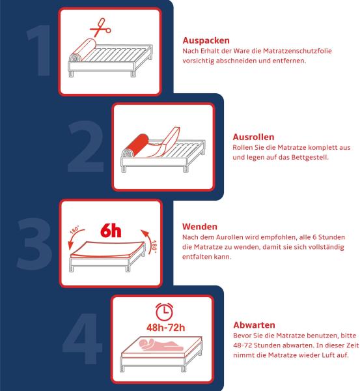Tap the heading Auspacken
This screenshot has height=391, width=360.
click(206, 40)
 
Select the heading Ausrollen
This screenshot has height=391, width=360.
click(253, 137)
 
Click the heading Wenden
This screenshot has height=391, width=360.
click(200, 227)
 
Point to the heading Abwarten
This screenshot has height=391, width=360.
click(254, 325)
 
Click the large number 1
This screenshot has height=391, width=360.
click(40, 50)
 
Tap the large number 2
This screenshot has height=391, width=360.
click(86, 147)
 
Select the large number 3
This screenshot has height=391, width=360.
click(35, 244)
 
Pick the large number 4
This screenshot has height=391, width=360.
click(83, 338)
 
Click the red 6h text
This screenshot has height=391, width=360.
click(111, 231)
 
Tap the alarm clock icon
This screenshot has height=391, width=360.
click(165, 311)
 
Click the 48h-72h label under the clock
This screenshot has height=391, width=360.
click(165, 328)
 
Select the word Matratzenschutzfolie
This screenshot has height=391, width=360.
click(298, 51)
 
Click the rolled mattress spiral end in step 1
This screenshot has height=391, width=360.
click(75, 58)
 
